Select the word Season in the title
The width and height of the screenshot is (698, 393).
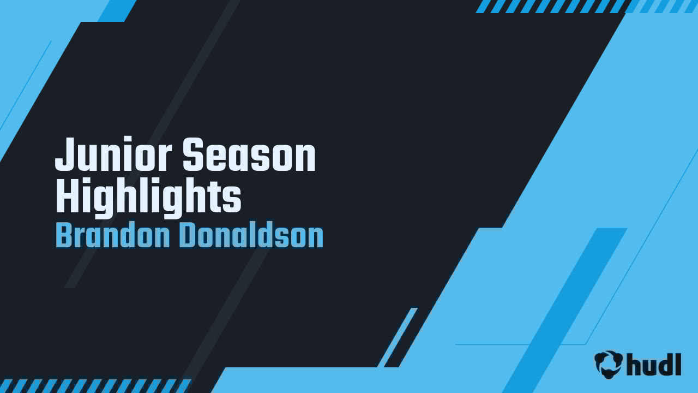(x=249, y=156)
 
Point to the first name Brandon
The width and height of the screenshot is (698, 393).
(x=112, y=236)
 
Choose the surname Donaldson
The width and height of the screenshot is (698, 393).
(x=251, y=236)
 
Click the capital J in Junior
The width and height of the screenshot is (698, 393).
(x=64, y=156)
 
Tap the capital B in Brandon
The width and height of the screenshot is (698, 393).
(x=64, y=236)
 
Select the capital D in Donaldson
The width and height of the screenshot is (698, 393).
(x=188, y=236)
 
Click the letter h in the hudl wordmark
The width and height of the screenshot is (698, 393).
(x=635, y=364)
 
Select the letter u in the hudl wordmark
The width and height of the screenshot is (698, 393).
(x=650, y=366)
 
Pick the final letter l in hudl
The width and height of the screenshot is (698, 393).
(x=678, y=364)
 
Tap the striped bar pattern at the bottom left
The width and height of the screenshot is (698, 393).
(x=93, y=385)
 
